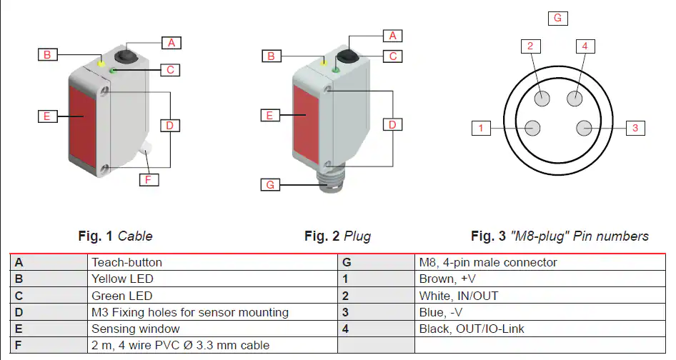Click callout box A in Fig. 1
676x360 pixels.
tap(171, 42)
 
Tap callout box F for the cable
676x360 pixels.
tap(148, 179)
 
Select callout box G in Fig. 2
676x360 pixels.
tap(269, 185)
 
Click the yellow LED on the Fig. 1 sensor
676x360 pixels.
tap(102, 64)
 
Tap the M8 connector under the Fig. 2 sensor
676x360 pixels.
tap(329, 184)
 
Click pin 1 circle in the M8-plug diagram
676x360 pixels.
tap(532, 128)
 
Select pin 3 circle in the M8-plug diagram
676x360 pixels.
tap(584, 128)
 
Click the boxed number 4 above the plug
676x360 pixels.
tap(585, 46)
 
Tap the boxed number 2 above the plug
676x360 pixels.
tap(530, 46)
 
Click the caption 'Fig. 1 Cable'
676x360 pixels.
tap(115, 236)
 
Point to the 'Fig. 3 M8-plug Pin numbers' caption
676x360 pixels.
tap(560, 236)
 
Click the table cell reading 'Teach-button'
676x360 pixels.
tap(126, 262)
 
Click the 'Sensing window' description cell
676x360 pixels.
tap(136, 329)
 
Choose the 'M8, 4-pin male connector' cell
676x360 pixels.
tap(488, 262)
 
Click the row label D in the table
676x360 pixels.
tap(19, 312)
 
